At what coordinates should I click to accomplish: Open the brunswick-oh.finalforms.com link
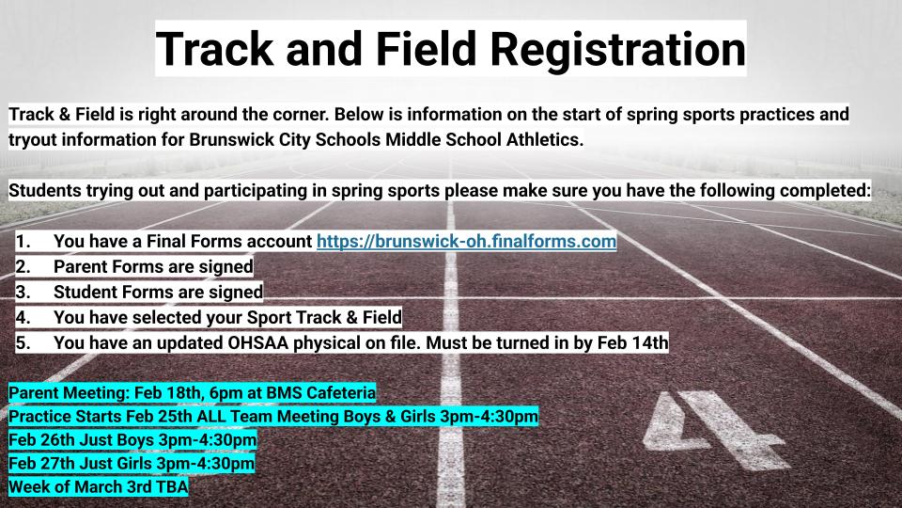[466, 242]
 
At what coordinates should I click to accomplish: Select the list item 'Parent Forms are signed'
[153, 266]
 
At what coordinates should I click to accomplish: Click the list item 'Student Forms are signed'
[158, 292]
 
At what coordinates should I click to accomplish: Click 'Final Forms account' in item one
[235, 242]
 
